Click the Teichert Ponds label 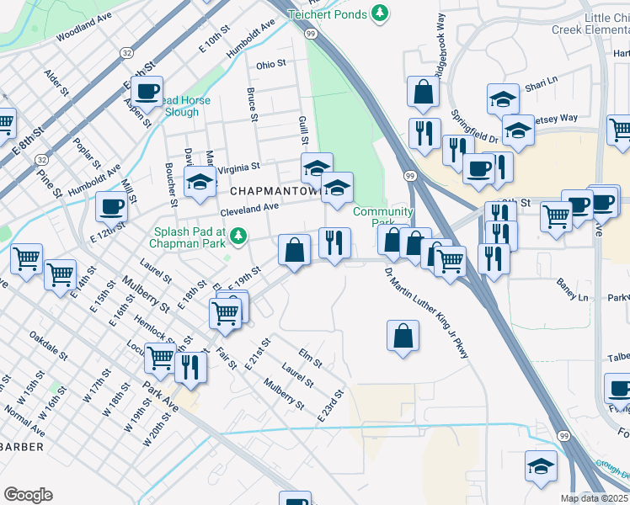326,13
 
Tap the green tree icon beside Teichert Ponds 381,13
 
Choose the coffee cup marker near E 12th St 111,206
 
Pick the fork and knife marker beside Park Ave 192,367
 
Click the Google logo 28,495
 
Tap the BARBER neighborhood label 22,445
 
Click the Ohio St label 271,64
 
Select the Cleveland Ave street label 249,207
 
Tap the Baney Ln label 572,290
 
